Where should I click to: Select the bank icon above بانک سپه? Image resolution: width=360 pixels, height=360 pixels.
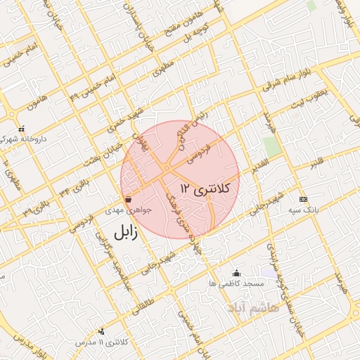pyautogui.click(x=303, y=199)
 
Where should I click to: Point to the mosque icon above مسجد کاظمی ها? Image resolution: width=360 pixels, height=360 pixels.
pyautogui.click(x=236, y=273)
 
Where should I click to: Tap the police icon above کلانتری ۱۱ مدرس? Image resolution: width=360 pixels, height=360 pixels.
pyautogui.click(x=102, y=331)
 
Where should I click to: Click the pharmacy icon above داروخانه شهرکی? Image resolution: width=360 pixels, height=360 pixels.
pyautogui.click(x=22, y=129)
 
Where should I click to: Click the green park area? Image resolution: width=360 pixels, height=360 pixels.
pyautogui.click(x=271, y=146)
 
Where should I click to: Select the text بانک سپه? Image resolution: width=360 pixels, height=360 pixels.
pyautogui.click(x=303, y=210)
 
